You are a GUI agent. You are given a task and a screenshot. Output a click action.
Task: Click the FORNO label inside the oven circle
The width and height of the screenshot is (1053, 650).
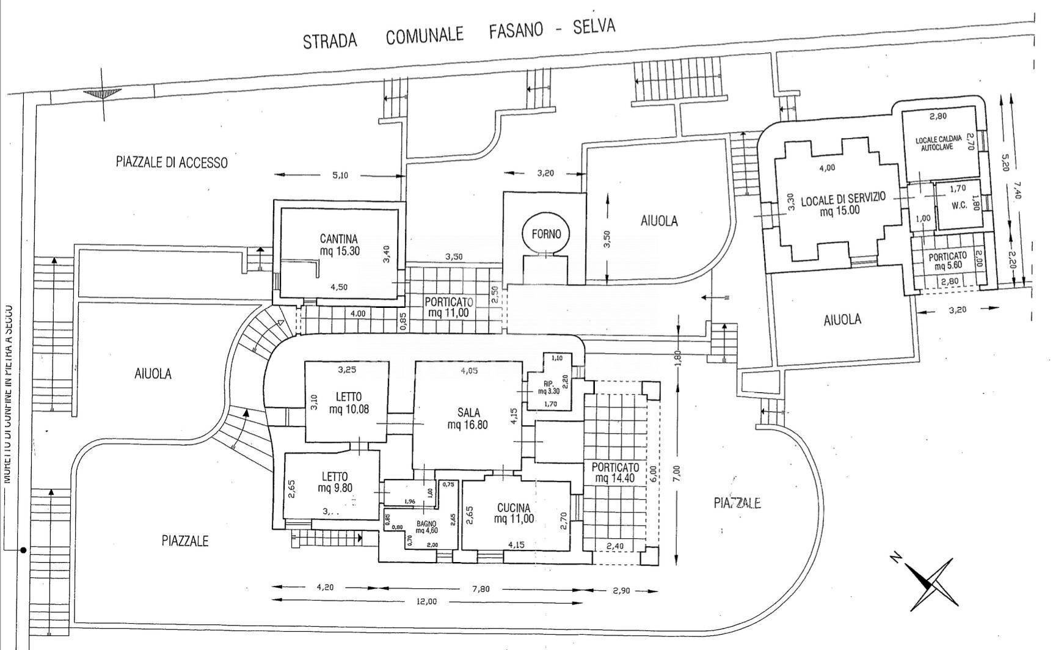pos(546,234)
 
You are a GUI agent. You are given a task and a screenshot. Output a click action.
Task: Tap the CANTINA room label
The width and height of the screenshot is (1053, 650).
pos(338,244)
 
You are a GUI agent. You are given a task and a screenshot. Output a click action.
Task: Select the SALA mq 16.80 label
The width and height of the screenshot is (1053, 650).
pos(468,418)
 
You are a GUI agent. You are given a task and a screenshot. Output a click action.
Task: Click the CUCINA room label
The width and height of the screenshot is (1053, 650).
pos(514,513)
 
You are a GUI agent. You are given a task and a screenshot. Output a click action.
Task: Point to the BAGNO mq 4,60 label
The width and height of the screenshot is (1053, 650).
pos(426,527)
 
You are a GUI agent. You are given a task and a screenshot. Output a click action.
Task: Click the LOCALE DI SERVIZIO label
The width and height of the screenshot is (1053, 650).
pos(843,205)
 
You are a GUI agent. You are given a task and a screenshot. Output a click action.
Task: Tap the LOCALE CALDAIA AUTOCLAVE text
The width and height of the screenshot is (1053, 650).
pos(938,144)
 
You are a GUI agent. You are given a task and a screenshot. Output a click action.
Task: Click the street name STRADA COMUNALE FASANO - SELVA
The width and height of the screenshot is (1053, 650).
pos(459,34)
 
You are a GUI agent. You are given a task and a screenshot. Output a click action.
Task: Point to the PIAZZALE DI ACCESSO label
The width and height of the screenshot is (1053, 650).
pos(172,162)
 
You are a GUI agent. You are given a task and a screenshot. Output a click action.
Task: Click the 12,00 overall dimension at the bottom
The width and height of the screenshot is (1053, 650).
pos(427,602)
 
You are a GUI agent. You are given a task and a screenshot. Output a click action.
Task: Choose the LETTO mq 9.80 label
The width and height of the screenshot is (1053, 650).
pos(335,482)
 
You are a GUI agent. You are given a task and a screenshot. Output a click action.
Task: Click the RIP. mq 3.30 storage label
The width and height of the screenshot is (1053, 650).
pos(547,388)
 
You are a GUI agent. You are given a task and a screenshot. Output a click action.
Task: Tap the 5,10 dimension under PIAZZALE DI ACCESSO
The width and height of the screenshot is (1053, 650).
pos(340,175)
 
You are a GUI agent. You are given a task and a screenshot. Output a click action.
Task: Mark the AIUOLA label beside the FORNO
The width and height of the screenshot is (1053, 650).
pos(659,221)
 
